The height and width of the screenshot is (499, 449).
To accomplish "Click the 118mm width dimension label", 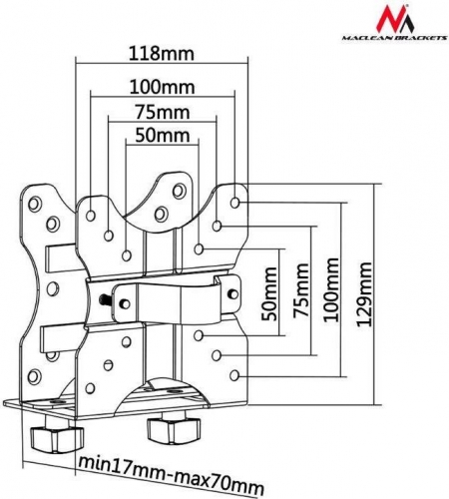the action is [x=162, y=53].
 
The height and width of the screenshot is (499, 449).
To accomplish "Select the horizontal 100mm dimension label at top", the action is [x=162, y=87].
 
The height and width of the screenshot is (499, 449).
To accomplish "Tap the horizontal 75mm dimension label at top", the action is [x=163, y=112].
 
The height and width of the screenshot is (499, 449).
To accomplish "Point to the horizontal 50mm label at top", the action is [x=163, y=136].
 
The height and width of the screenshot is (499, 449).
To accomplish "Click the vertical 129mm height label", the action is [x=364, y=293].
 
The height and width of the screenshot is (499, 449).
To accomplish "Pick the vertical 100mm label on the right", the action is [x=331, y=289].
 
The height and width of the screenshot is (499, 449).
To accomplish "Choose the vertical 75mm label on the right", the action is [x=301, y=289].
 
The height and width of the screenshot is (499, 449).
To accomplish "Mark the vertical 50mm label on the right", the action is [x=269, y=293].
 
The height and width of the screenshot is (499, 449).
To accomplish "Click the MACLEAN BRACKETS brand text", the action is [x=395, y=38].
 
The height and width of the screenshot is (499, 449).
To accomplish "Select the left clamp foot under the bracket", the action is [x=57, y=436].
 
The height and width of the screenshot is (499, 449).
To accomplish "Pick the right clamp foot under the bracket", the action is [x=174, y=427].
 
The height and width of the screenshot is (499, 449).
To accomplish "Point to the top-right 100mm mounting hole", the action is [x=234, y=203].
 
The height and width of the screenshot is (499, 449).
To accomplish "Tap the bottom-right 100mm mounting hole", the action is [x=234, y=375].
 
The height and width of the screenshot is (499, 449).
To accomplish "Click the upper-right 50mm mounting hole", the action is [x=199, y=249].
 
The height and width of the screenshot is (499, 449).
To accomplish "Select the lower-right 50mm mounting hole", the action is [x=199, y=335].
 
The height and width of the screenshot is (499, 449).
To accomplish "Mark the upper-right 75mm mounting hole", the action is [x=217, y=226].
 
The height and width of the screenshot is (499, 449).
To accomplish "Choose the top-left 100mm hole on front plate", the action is [x=91, y=216].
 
